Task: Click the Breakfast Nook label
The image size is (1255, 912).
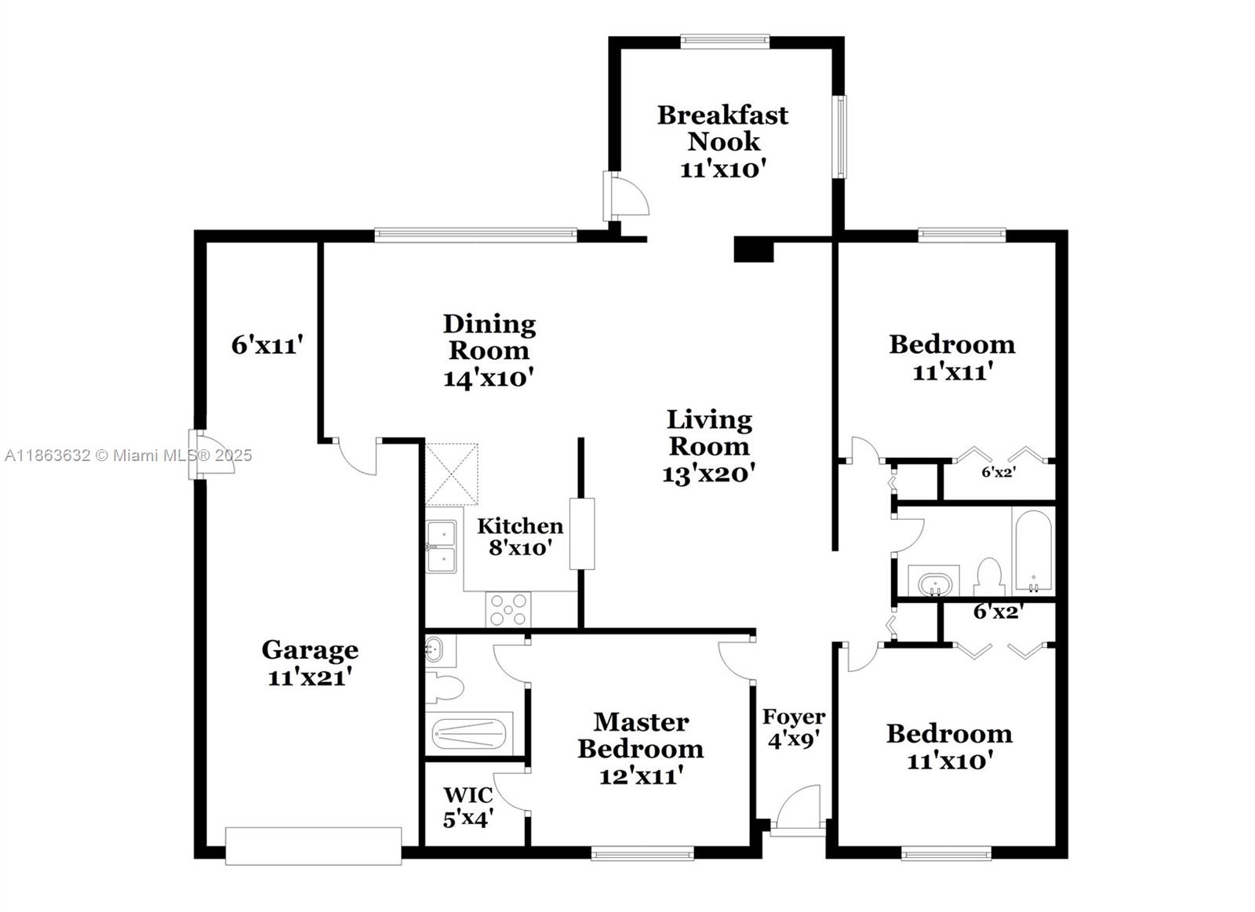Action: pyautogui.click(x=722, y=128)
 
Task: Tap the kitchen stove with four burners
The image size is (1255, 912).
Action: pyautogui.click(x=509, y=609)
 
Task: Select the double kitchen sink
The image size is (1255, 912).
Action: pyautogui.click(x=442, y=547)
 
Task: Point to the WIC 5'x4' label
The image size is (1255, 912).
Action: pyautogui.click(x=468, y=807)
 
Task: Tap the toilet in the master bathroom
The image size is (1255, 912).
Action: pyautogui.click(x=444, y=688)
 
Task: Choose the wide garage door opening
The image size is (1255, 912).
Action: pyautogui.click(x=313, y=846)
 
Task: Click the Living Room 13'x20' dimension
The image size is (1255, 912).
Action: pyautogui.click(x=708, y=474)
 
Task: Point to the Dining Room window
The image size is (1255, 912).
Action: pyautogui.click(x=475, y=234)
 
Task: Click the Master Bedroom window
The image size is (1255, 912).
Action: pyautogui.click(x=642, y=852)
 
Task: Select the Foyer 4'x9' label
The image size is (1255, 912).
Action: pyautogui.click(x=794, y=727)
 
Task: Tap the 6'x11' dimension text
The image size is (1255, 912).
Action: pyautogui.click(x=267, y=344)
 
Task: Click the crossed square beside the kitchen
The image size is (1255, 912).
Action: pyautogui.click(x=451, y=474)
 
